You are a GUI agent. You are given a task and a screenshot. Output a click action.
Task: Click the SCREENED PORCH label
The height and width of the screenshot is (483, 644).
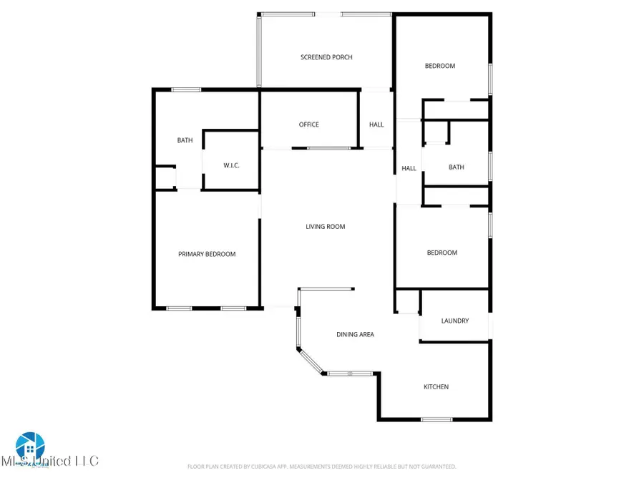point(326,57)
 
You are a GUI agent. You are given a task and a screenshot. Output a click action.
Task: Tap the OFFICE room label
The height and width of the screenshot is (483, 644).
point(308,125)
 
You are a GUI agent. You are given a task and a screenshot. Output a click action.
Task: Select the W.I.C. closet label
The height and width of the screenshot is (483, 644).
point(231,166)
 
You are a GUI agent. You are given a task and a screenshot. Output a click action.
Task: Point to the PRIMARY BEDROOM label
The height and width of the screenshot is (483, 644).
point(207,254)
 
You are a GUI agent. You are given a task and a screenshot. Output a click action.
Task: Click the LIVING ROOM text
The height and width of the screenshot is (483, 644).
point(326,227)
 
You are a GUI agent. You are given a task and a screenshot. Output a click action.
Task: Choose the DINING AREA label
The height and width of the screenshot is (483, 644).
point(356,334)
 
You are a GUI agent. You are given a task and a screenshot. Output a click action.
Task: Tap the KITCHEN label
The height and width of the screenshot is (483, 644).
point(436,387)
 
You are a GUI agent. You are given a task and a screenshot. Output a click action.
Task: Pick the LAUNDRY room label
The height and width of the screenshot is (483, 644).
point(455,321)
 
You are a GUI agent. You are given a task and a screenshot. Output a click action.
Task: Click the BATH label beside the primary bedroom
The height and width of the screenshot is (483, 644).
point(185,140)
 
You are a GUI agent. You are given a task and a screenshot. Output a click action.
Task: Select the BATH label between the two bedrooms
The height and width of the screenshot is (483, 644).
point(456,167)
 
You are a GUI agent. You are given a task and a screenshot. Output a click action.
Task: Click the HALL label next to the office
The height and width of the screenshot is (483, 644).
point(376,125)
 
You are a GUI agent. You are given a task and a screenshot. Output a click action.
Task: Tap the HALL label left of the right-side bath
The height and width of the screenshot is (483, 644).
point(409,169)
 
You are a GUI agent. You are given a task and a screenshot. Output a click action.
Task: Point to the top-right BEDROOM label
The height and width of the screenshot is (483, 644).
point(440,66)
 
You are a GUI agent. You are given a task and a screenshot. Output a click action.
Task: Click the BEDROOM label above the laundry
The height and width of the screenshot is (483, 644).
point(442,253)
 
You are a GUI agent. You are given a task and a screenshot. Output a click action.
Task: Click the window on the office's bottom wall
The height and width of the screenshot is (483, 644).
point(328,148)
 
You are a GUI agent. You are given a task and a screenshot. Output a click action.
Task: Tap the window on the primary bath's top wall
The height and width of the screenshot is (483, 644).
point(186,89)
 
